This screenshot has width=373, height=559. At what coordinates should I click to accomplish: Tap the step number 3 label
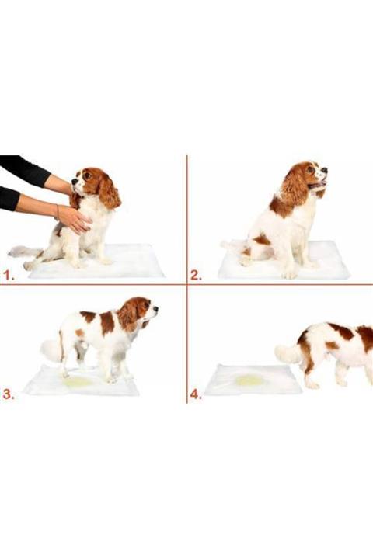(x=9, y=394)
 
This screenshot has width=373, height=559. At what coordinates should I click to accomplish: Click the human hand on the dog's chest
(x=74, y=219)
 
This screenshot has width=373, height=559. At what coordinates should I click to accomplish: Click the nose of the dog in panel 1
(x=74, y=182)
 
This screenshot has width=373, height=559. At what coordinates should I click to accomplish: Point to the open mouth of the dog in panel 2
(x=318, y=185)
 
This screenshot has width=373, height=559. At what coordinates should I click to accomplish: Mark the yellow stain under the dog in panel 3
(x=78, y=382)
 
